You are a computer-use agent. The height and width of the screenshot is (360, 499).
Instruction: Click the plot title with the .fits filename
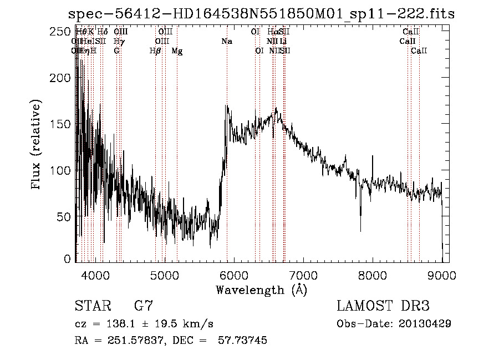pyautogui.click(x=261, y=13)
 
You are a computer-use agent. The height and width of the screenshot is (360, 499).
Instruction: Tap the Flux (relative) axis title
pyautogui.click(x=37, y=145)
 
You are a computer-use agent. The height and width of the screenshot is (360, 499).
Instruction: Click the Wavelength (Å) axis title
pyautogui.click(x=261, y=290)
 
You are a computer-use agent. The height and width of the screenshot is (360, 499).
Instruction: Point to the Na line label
pyautogui.click(x=226, y=41)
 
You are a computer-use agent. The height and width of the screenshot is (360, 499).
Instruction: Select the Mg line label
pyautogui.click(x=177, y=51)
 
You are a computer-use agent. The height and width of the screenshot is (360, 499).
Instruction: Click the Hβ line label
pyautogui.click(x=155, y=51)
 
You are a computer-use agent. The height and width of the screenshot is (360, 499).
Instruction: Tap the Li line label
pyautogui.click(x=283, y=41)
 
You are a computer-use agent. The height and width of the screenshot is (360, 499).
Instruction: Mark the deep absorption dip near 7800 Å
pyautogui.click(x=361, y=227)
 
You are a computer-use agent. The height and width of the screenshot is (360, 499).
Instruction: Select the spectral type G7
pyautogui.click(x=143, y=306)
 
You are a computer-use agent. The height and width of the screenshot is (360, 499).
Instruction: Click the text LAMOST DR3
pyautogui.click(x=383, y=306)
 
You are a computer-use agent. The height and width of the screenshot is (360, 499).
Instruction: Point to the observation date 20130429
pyautogui.click(x=425, y=323)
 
